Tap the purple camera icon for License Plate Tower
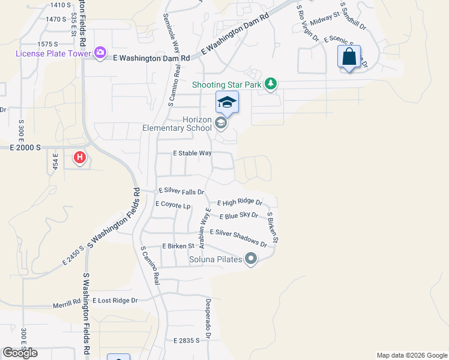click(x=100, y=53)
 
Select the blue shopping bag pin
click(x=349, y=58)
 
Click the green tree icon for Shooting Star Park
click(x=271, y=83)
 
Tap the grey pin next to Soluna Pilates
click(x=251, y=259)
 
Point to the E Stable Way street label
click(x=192, y=153)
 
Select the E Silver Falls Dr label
click(x=181, y=191)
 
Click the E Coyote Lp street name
click(x=173, y=204)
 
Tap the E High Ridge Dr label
click(x=240, y=203)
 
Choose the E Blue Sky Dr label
click(x=238, y=215)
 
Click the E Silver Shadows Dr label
click(x=238, y=237)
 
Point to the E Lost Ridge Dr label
click(x=115, y=300)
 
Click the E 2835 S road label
click(x=186, y=340)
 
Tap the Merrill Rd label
click(x=65, y=304)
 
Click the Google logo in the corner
click(x=20, y=353)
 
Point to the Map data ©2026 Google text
click(x=411, y=355)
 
